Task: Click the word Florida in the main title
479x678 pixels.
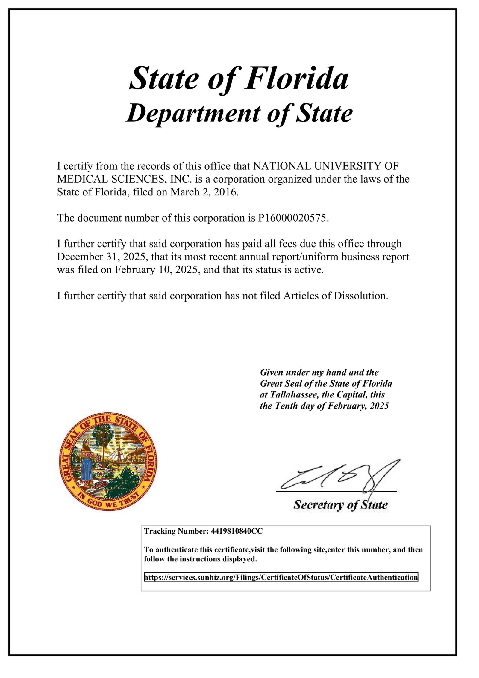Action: click(x=296, y=79)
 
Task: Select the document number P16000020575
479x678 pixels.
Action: click(x=292, y=218)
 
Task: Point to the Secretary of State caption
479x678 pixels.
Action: click(x=340, y=505)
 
